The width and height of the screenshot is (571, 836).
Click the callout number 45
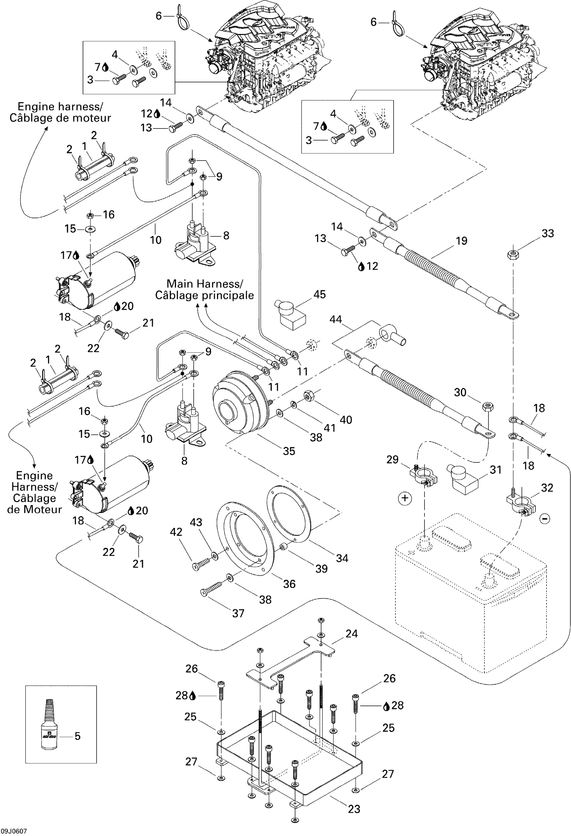[319, 294]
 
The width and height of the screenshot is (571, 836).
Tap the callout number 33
[547, 233]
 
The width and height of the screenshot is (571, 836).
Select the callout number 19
[462, 241]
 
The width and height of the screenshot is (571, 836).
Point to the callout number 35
[289, 451]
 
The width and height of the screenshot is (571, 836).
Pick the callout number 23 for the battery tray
[354, 809]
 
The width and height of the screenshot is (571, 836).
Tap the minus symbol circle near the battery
[545, 518]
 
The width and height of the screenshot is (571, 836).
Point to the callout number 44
[336, 319]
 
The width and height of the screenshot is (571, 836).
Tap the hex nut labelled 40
[309, 396]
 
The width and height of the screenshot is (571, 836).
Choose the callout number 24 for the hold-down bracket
[351, 634]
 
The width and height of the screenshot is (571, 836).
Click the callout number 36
[289, 584]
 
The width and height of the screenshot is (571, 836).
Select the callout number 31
[495, 469]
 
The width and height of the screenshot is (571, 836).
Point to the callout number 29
[392, 459]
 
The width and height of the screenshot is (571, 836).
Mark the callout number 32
[547, 488]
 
